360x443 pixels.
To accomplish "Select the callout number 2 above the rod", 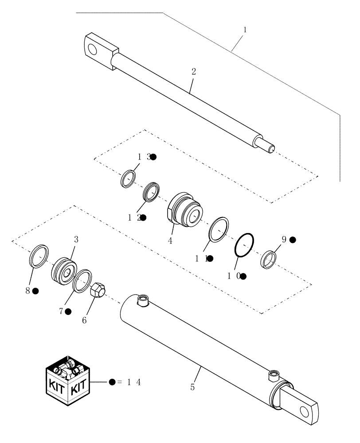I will tap(193, 71).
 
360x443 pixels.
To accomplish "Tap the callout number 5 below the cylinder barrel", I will tap(192, 387).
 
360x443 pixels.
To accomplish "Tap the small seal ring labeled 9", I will tap(269, 259).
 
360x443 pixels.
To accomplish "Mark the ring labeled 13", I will tap(129, 179).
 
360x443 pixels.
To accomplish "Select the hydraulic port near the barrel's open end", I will tap(143, 302).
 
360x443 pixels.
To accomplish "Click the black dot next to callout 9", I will tap(293, 240).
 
